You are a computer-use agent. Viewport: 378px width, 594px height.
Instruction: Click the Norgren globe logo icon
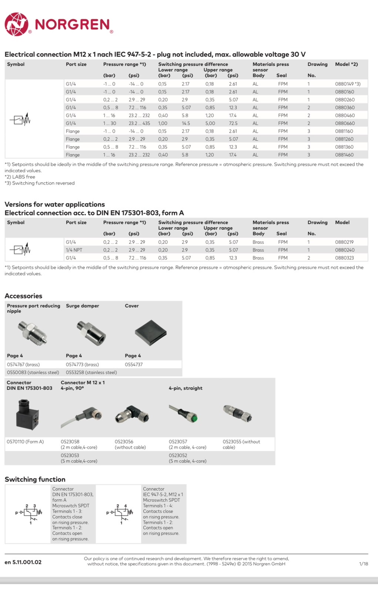tap(16, 24)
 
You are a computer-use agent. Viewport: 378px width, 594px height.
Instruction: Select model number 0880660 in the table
tap(345, 123)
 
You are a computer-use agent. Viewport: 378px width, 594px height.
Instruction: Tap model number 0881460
tap(344, 155)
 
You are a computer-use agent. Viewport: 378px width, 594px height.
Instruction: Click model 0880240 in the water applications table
tap(345, 250)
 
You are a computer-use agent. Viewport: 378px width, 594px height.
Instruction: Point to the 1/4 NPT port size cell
tap(74, 250)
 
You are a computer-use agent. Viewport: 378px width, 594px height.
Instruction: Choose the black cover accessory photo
tap(150, 332)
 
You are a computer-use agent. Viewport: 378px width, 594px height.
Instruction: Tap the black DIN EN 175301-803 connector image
tap(27, 414)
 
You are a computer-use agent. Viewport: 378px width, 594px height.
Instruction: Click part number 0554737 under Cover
tap(134, 365)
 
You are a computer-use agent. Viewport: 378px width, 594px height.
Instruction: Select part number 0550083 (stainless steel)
tap(33, 372)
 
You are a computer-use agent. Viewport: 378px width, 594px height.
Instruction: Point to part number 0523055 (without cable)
tap(241, 444)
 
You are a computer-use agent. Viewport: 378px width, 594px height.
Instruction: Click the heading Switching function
tap(35, 479)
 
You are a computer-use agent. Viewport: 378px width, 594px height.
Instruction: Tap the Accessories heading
tap(23, 296)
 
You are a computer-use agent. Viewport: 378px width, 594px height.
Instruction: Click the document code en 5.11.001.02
tap(23, 562)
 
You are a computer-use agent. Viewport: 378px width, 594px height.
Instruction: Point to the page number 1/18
tap(364, 564)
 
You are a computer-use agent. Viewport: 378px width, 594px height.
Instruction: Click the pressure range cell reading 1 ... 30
tap(110, 123)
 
